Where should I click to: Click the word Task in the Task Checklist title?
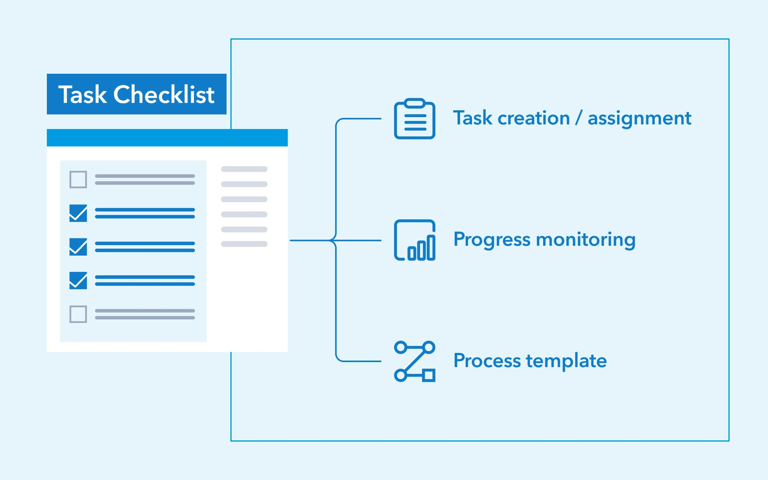pos(83,94)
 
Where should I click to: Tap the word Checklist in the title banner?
pos(164,94)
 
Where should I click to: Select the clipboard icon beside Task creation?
pos(415,119)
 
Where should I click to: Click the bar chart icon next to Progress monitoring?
pos(415,240)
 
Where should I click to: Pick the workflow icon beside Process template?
pos(415,361)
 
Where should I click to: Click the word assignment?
pos(639,119)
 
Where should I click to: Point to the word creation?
pos(534,118)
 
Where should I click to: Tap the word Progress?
pos(492,240)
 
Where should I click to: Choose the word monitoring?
pos(586,240)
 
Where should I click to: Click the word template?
pos(566,361)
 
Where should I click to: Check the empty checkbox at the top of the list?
pos(78,179)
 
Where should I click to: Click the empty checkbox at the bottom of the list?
pos(78,314)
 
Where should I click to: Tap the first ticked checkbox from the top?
pos(78,213)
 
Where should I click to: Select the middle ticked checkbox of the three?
pos(78,247)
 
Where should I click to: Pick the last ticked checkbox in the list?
pos(78,280)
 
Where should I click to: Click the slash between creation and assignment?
pos(579,118)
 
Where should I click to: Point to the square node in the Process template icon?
pos(429,375)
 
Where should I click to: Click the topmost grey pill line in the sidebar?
pos(244,169)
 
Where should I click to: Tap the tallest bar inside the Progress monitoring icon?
pos(431,247)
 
